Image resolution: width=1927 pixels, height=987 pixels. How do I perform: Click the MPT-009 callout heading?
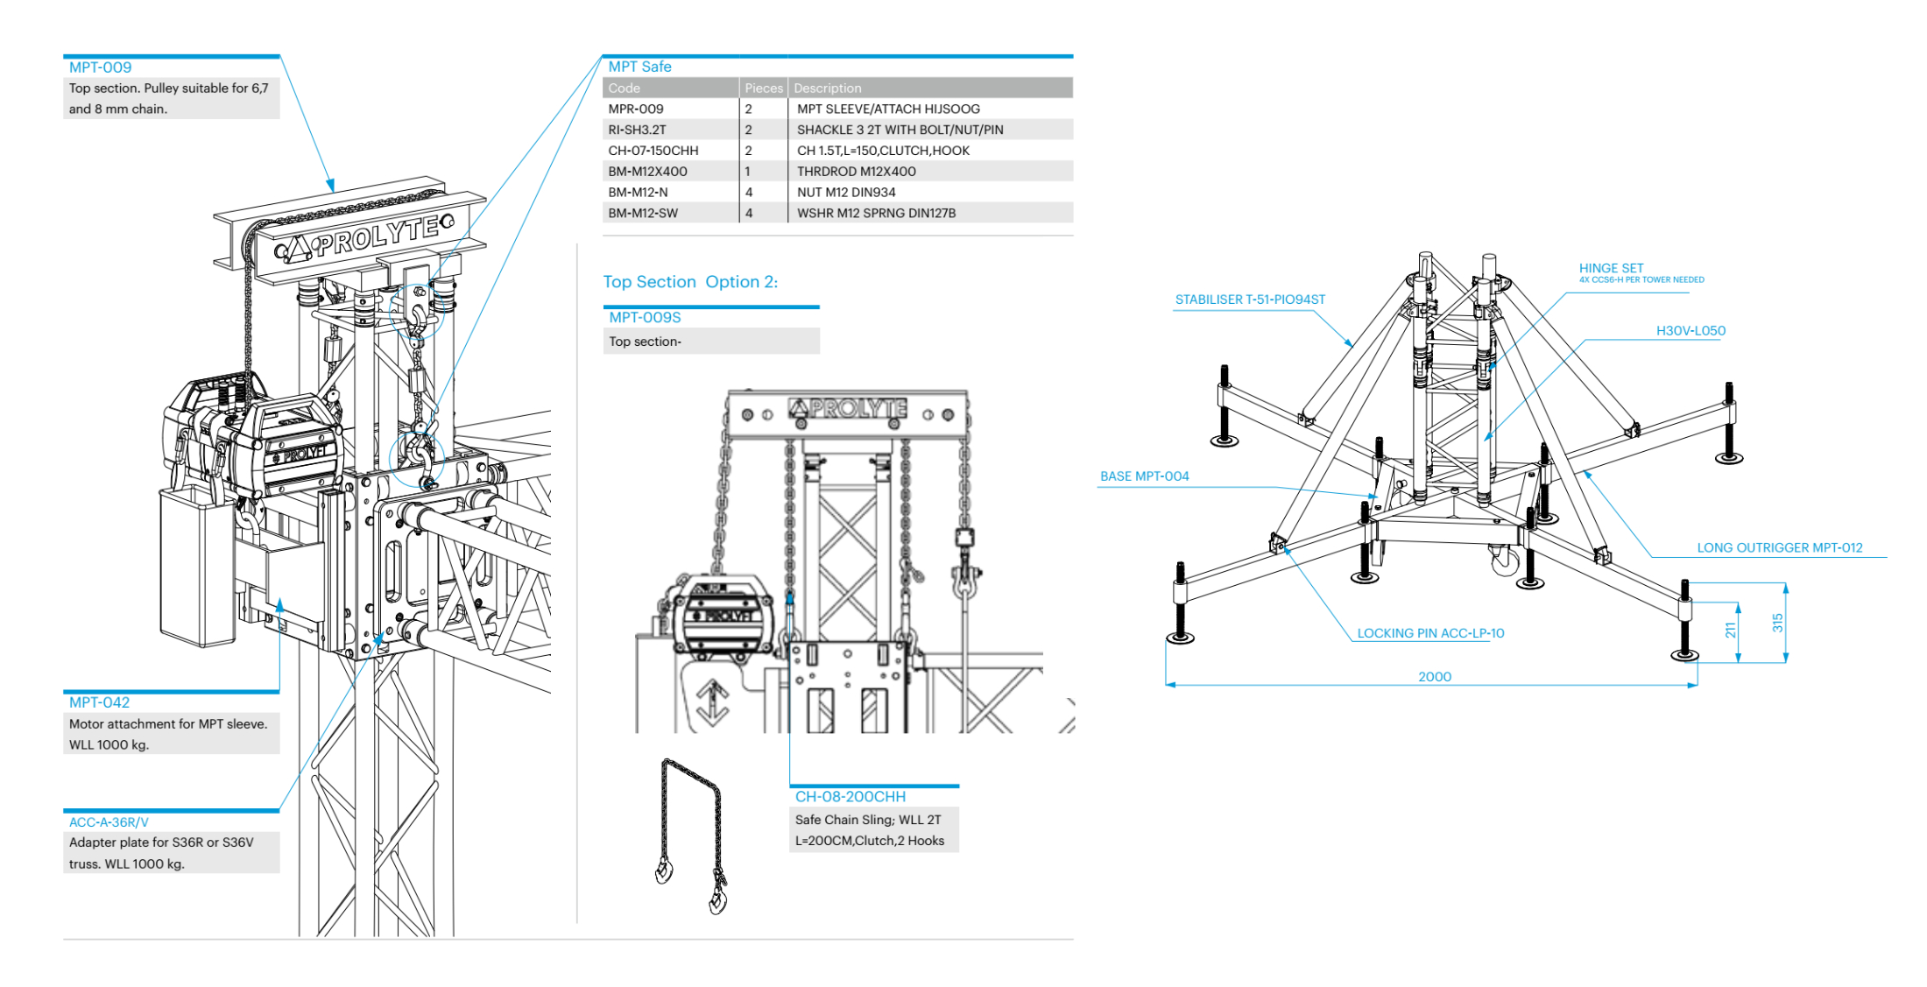[x=100, y=67]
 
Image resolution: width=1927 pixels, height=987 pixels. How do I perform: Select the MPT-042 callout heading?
[x=99, y=702]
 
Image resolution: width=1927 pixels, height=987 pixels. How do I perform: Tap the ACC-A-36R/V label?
[x=109, y=822]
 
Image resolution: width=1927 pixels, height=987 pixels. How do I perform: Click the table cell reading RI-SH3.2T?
[x=637, y=130]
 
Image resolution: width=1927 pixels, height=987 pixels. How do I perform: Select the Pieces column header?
[x=764, y=88]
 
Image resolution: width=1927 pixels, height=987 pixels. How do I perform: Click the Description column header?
[x=828, y=88]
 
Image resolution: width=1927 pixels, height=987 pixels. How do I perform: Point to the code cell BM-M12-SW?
[x=643, y=214]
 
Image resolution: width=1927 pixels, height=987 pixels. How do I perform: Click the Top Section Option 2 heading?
[x=690, y=282]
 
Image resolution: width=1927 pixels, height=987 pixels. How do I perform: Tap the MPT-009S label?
[x=645, y=318]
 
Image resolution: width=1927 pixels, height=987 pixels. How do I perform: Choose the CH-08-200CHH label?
[x=850, y=797]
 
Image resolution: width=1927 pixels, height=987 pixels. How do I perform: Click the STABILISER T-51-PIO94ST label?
[x=1250, y=300]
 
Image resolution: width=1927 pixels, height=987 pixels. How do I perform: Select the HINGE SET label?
[x=1611, y=268]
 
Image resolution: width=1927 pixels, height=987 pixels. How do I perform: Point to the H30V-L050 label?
[x=1691, y=331]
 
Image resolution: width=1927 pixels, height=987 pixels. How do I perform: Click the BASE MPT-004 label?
[x=1144, y=476]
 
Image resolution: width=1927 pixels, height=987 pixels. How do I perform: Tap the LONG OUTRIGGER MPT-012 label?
[x=1779, y=548]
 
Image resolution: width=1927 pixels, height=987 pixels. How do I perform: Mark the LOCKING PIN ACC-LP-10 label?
[x=1430, y=633]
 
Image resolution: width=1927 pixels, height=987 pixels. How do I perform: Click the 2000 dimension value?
[x=1435, y=677]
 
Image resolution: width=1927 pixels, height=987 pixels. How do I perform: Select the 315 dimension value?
[x=1777, y=623]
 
